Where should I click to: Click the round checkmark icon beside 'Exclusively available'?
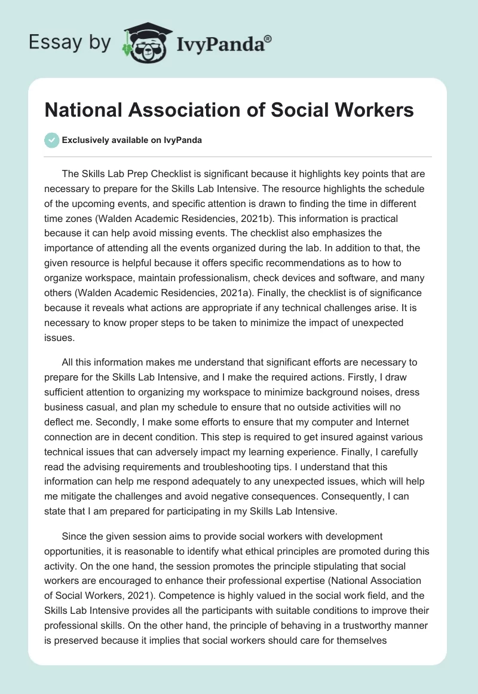pyautogui.click(x=52, y=140)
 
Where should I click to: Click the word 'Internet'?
pyautogui.click(x=391, y=407)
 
